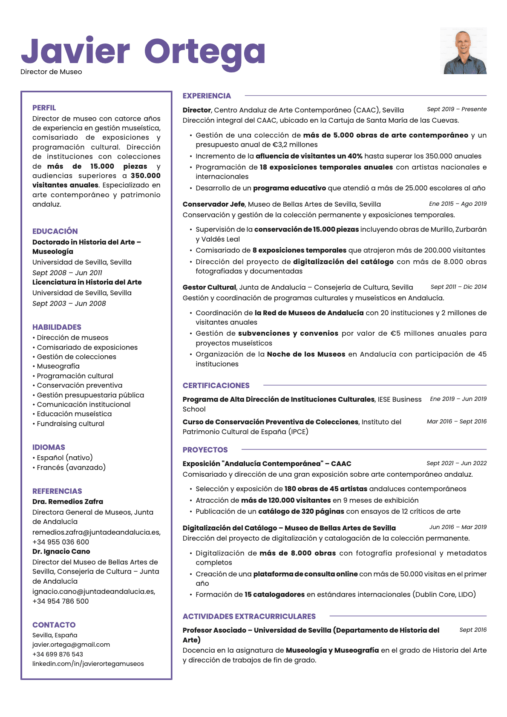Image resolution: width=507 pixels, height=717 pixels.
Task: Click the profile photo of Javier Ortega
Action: click(x=463, y=51)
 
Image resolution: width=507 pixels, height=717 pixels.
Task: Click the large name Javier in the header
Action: click(x=75, y=52)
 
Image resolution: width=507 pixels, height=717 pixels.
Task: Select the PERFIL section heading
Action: click(x=44, y=108)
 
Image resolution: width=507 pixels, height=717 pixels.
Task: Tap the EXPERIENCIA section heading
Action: click(x=207, y=96)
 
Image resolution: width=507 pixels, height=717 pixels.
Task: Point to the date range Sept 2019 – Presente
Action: click(x=456, y=109)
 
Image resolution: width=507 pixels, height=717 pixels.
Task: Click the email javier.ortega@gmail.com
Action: click(x=71, y=645)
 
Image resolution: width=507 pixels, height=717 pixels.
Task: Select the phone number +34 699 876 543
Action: click(x=58, y=654)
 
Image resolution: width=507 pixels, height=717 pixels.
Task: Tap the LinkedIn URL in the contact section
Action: click(x=88, y=663)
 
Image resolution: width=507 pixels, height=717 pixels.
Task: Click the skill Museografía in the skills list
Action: click(x=58, y=366)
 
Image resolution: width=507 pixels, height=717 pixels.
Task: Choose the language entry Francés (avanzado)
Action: click(x=71, y=467)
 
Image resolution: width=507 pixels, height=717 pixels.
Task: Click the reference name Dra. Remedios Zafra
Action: click(x=68, y=501)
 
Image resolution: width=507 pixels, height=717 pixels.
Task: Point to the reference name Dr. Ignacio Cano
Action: click(x=61, y=551)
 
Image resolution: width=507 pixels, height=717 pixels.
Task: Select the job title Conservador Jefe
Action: click(x=214, y=204)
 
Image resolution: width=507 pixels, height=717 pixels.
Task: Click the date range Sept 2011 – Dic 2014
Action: click(x=458, y=287)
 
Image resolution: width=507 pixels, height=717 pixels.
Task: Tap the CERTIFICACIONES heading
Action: click(x=216, y=386)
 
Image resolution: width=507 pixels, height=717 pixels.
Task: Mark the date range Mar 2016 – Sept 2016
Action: click(x=456, y=421)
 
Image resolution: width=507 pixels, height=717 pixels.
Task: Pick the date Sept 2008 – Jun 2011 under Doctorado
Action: click(x=67, y=273)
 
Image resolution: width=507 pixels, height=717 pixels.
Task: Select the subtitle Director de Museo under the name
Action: click(x=51, y=72)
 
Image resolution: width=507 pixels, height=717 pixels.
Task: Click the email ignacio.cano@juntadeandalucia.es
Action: click(x=94, y=591)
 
